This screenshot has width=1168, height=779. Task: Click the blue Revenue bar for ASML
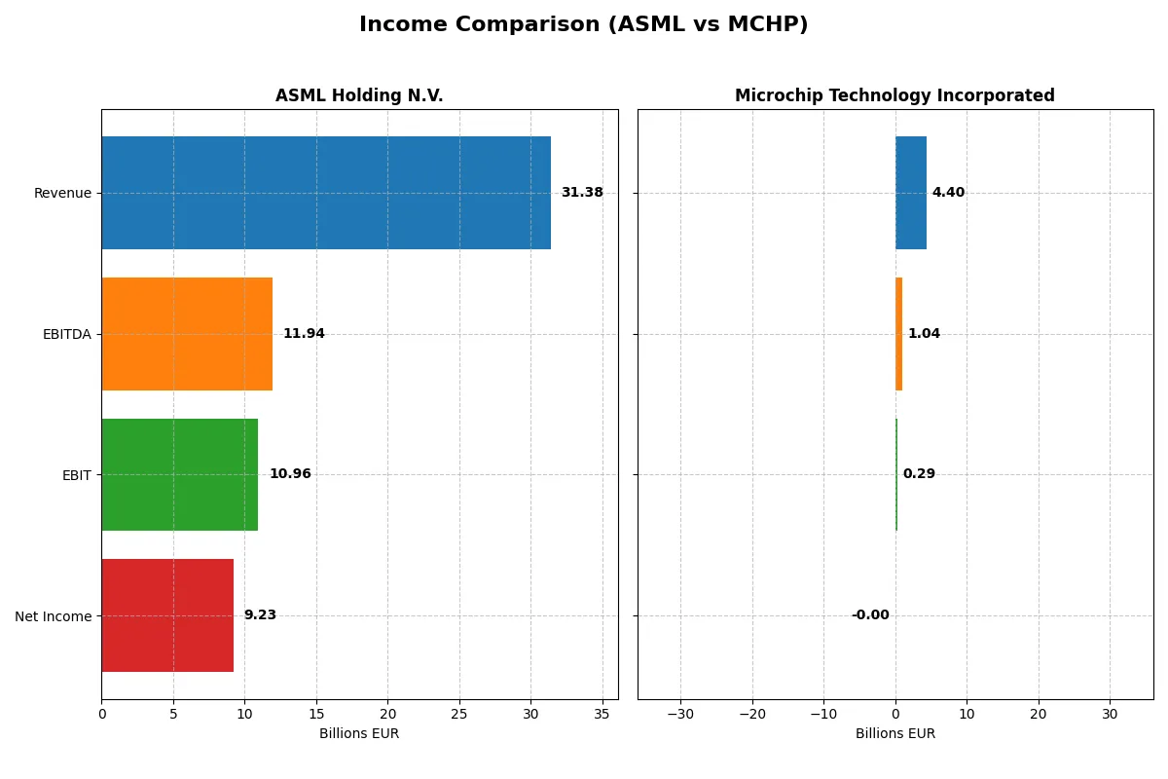[326, 193]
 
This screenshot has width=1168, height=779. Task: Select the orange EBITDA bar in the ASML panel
[187, 334]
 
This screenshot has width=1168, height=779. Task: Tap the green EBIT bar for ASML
[180, 474]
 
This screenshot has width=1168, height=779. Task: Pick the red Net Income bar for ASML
[167, 615]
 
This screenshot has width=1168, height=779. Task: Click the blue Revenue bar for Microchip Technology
[911, 193]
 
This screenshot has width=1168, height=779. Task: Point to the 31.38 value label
[581, 193]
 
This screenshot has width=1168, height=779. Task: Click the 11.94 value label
[304, 334]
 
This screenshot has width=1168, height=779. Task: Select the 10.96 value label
[290, 474]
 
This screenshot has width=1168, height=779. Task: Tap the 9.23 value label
[260, 615]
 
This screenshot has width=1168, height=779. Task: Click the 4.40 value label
[948, 193]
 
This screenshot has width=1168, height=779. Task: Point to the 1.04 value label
[924, 334]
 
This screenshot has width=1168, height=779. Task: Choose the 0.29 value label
[919, 474]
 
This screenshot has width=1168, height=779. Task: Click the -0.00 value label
[870, 615]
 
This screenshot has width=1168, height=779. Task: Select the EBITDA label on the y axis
[67, 334]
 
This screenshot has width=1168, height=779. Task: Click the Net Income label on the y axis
[54, 616]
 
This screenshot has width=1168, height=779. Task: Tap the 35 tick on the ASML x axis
[602, 714]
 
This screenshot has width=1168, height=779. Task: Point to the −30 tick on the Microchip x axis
[680, 714]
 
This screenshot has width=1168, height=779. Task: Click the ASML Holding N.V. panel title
[359, 95]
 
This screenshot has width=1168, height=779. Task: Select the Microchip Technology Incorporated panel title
[894, 95]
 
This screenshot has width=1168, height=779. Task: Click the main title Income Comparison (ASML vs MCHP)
[583, 24]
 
